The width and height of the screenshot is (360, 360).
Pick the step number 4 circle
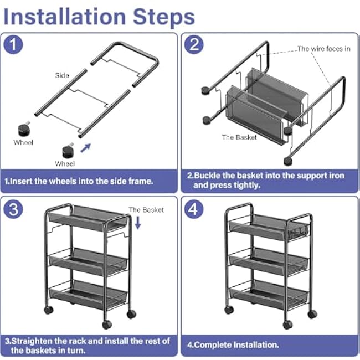(194, 209)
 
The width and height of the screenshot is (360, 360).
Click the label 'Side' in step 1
(62, 75)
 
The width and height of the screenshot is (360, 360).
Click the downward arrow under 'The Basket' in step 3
(138, 223)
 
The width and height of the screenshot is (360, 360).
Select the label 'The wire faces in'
(323, 49)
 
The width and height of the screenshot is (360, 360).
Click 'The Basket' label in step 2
(239, 137)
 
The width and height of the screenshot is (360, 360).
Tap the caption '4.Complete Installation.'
(233, 344)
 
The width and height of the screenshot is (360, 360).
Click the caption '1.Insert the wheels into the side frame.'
(79, 181)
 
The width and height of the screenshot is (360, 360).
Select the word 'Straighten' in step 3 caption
(36, 341)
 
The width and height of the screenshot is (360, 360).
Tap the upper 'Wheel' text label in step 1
(23, 142)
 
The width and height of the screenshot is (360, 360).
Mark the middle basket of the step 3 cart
(89, 260)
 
